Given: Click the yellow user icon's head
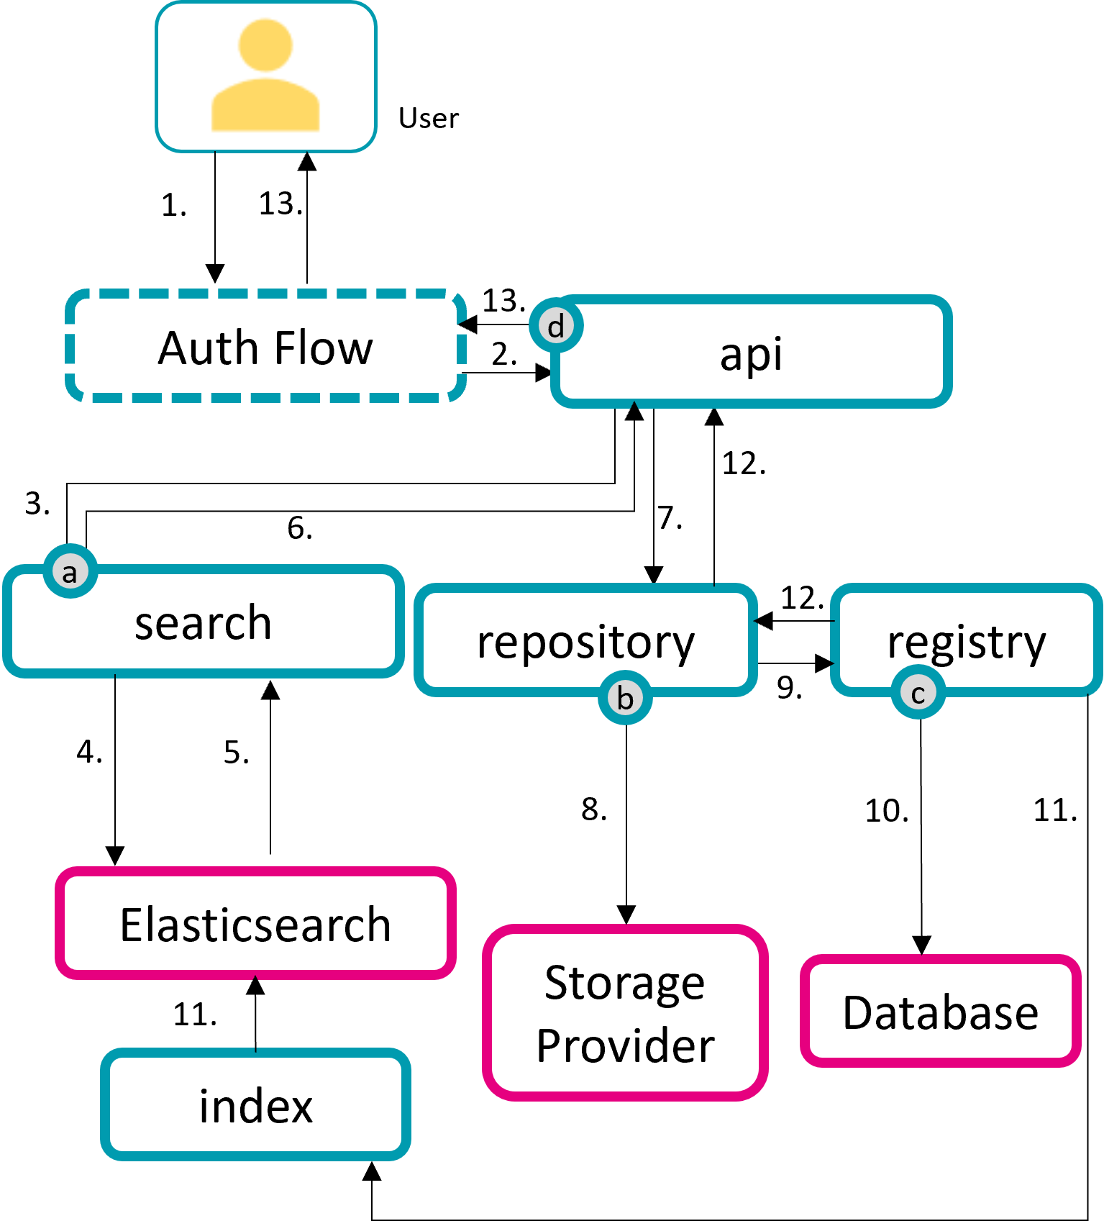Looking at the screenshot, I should click(265, 45).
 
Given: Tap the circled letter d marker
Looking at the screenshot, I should click(556, 326).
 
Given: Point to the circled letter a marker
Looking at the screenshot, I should click(70, 572).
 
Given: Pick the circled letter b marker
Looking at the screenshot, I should click(625, 698).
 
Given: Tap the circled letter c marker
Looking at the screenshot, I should click(918, 693).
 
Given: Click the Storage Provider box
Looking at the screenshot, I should click(625, 1013).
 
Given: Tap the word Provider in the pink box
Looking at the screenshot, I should click(625, 1045).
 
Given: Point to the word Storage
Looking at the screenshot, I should click(624, 983).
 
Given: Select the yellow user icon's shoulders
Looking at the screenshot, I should click(265, 106).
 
